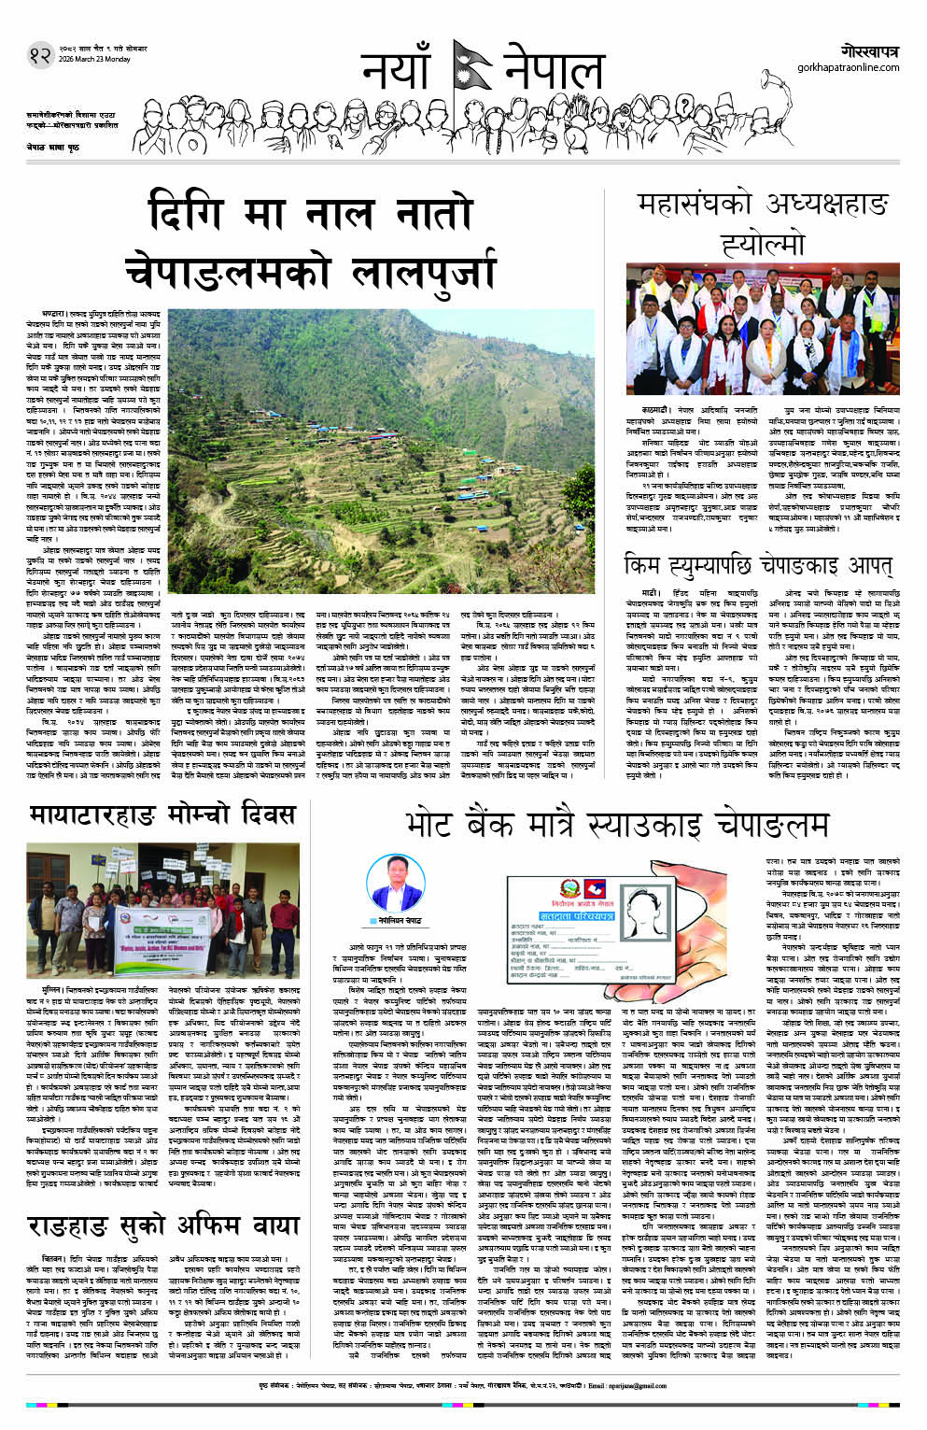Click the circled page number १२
tap(39, 55)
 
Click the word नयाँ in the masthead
tap(396, 73)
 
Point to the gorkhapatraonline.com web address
tap(848, 67)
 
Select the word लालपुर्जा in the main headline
tap(424, 272)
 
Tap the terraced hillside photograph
tap(381, 451)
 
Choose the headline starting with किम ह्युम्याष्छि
tap(757, 566)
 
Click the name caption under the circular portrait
tap(399, 920)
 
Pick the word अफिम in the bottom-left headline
tap(196, 1225)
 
